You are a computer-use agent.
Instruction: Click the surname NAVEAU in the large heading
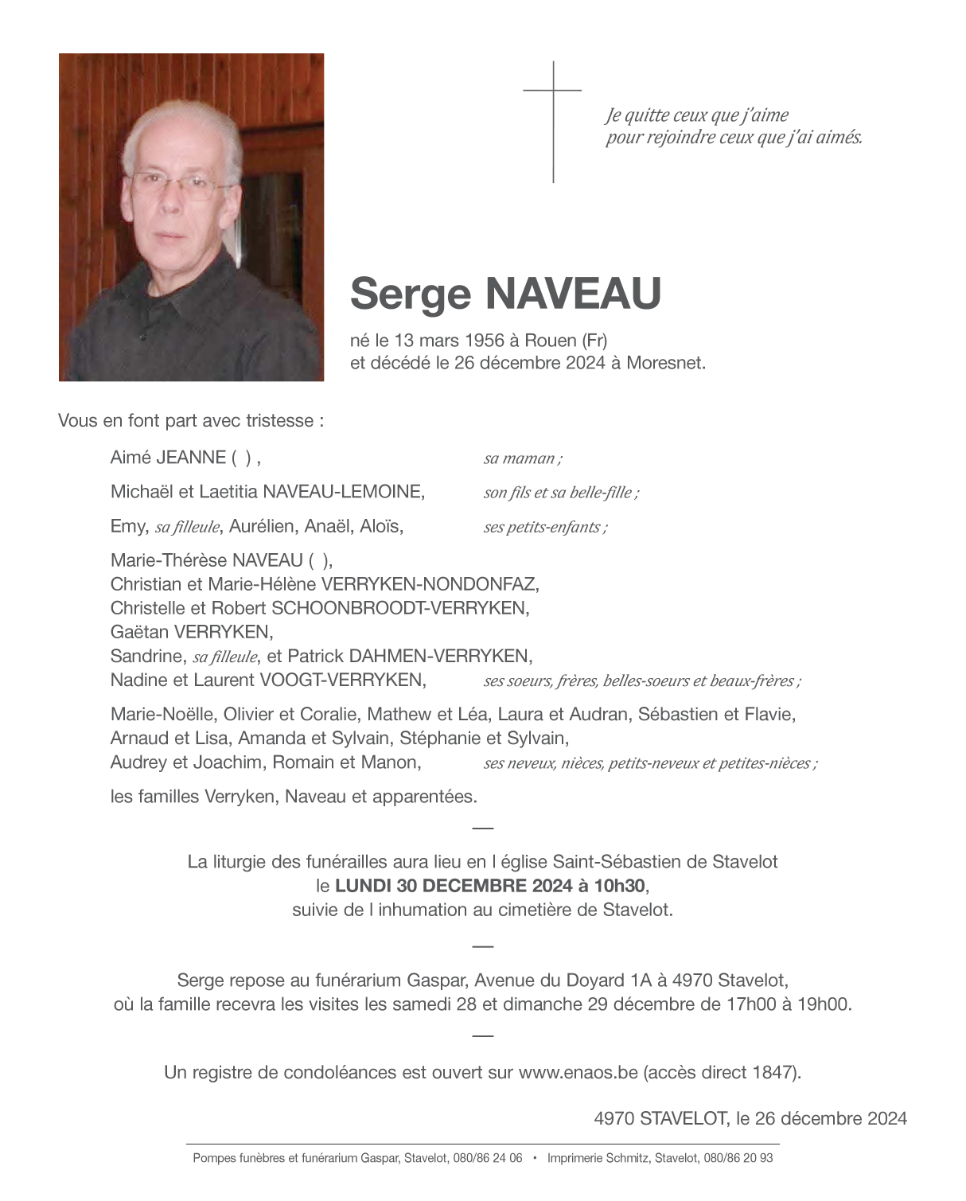click(572, 294)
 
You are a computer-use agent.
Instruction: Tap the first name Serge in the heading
click(411, 294)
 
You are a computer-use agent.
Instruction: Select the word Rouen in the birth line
click(550, 341)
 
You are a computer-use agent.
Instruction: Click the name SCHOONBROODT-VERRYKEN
click(399, 608)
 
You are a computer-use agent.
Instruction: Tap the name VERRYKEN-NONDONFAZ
click(429, 584)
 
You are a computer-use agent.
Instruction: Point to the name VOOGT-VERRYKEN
click(341, 680)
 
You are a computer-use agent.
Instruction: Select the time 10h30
click(620, 886)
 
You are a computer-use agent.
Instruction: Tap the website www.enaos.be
click(578, 1073)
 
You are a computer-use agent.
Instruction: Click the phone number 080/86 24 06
click(488, 1158)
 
